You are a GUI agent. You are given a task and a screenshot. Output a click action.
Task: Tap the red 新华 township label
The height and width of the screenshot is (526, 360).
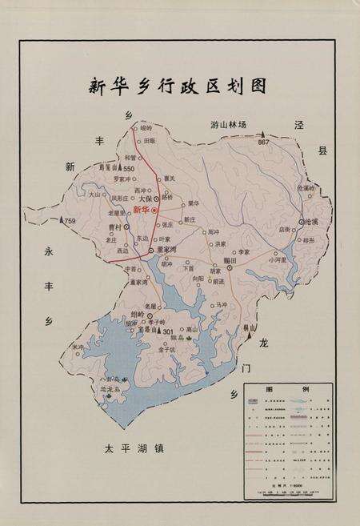point(142,209)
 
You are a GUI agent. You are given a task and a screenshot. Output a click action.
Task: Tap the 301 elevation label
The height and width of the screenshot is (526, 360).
point(168,330)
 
